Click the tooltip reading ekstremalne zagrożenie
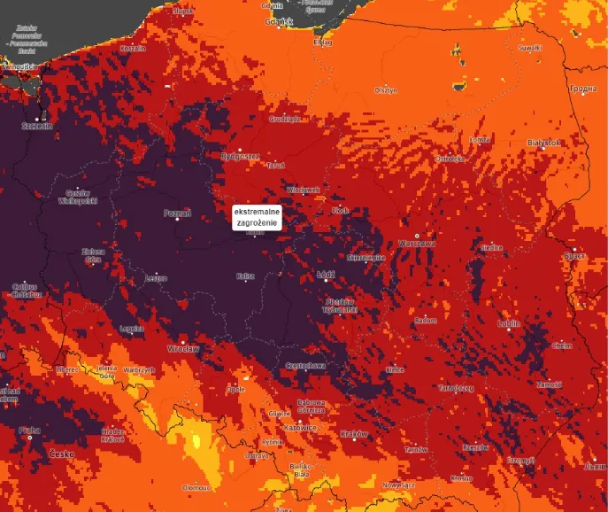click(x=256, y=218)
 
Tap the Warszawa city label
click(x=418, y=243)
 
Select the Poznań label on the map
click(x=177, y=213)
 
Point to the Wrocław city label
click(x=185, y=349)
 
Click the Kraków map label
click(x=354, y=434)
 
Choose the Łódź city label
click(x=326, y=275)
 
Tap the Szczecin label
click(x=38, y=126)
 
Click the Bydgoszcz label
click(x=240, y=157)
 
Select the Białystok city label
click(x=543, y=143)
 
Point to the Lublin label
click(x=509, y=324)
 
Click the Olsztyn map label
click(x=386, y=90)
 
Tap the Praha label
click(x=29, y=431)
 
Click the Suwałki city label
click(x=528, y=47)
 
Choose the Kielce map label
click(x=395, y=369)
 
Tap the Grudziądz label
click(x=286, y=118)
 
